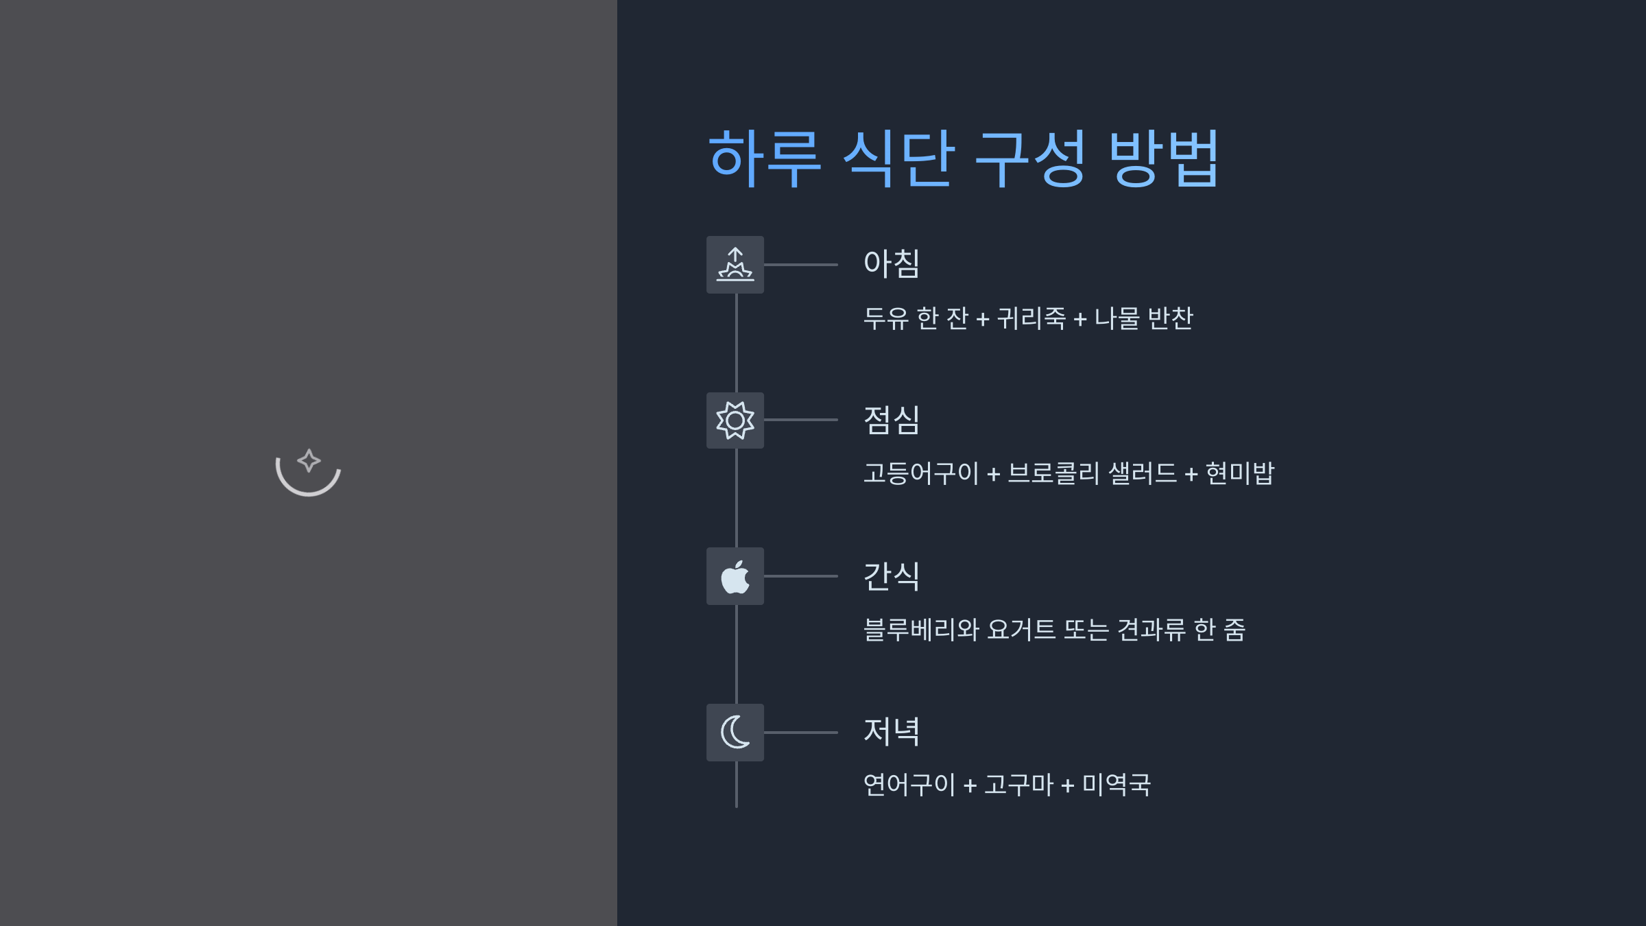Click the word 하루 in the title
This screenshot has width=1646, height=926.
[764, 158]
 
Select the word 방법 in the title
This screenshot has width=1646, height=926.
[1163, 158]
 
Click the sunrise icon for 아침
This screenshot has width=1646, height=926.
[735, 265]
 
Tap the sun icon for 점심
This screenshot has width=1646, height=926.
[735, 420]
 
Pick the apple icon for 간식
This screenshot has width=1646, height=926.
[735, 576]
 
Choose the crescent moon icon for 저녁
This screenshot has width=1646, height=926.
[735, 732]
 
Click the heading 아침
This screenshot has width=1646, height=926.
[892, 264]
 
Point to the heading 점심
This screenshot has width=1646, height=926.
[892, 420]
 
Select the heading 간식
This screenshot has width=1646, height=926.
[892, 576]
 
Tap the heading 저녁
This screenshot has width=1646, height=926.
[892, 731]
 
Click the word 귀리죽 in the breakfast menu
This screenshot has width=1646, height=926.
[1031, 318]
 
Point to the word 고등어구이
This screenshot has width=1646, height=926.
[920, 473]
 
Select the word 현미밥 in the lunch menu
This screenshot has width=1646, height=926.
[1239, 473]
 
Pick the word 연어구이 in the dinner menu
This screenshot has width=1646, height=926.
[909, 785]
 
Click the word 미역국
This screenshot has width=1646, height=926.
[1116, 785]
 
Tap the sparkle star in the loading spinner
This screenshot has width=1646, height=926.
[309, 460]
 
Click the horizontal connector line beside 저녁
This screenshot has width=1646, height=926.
[800, 733]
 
